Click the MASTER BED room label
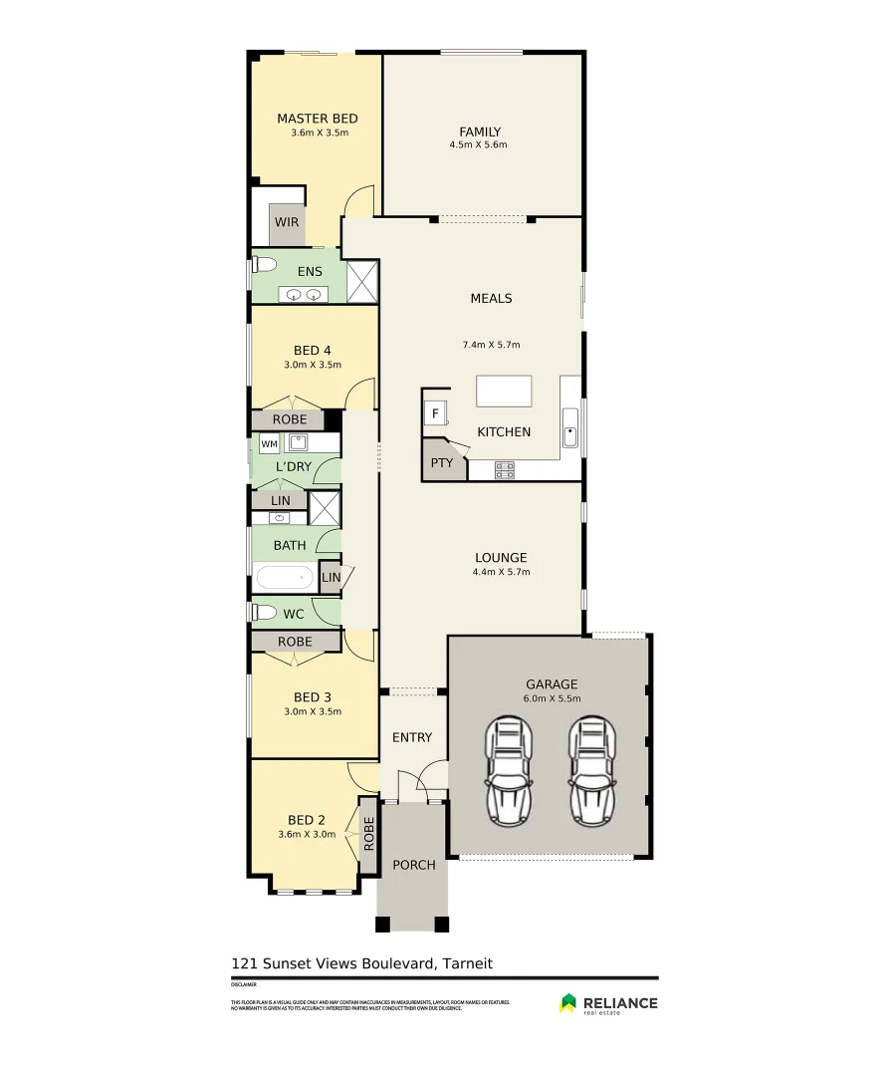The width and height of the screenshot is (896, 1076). pyautogui.click(x=317, y=119)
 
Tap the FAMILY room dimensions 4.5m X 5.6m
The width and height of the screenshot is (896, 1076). pyautogui.click(x=478, y=145)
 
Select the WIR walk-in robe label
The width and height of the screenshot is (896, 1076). pyautogui.click(x=287, y=223)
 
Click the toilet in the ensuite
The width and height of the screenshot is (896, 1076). pyautogui.click(x=264, y=265)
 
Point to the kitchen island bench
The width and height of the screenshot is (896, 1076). pyautogui.click(x=504, y=391)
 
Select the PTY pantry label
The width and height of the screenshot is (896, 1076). pyautogui.click(x=441, y=463)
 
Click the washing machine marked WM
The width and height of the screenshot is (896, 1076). pyautogui.click(x=269, y=444)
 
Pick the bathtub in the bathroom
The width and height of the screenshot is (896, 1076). pyautogui.click(x=286, y=578)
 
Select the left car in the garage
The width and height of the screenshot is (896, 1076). pyautogui.click(x=509, y=771)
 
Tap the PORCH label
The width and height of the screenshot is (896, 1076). pyautogui.click(x=413, y=865)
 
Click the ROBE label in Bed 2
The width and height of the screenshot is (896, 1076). pyautogui.click(x=368, y=834)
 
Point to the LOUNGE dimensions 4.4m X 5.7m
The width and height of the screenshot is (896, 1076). pyautogui.click(x=501, y=573)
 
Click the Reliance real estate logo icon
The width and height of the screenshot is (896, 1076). pyautogui.click(x=568, y=1002)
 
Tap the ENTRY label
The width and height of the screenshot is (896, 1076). pyautogui.click(x=412, y=737)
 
